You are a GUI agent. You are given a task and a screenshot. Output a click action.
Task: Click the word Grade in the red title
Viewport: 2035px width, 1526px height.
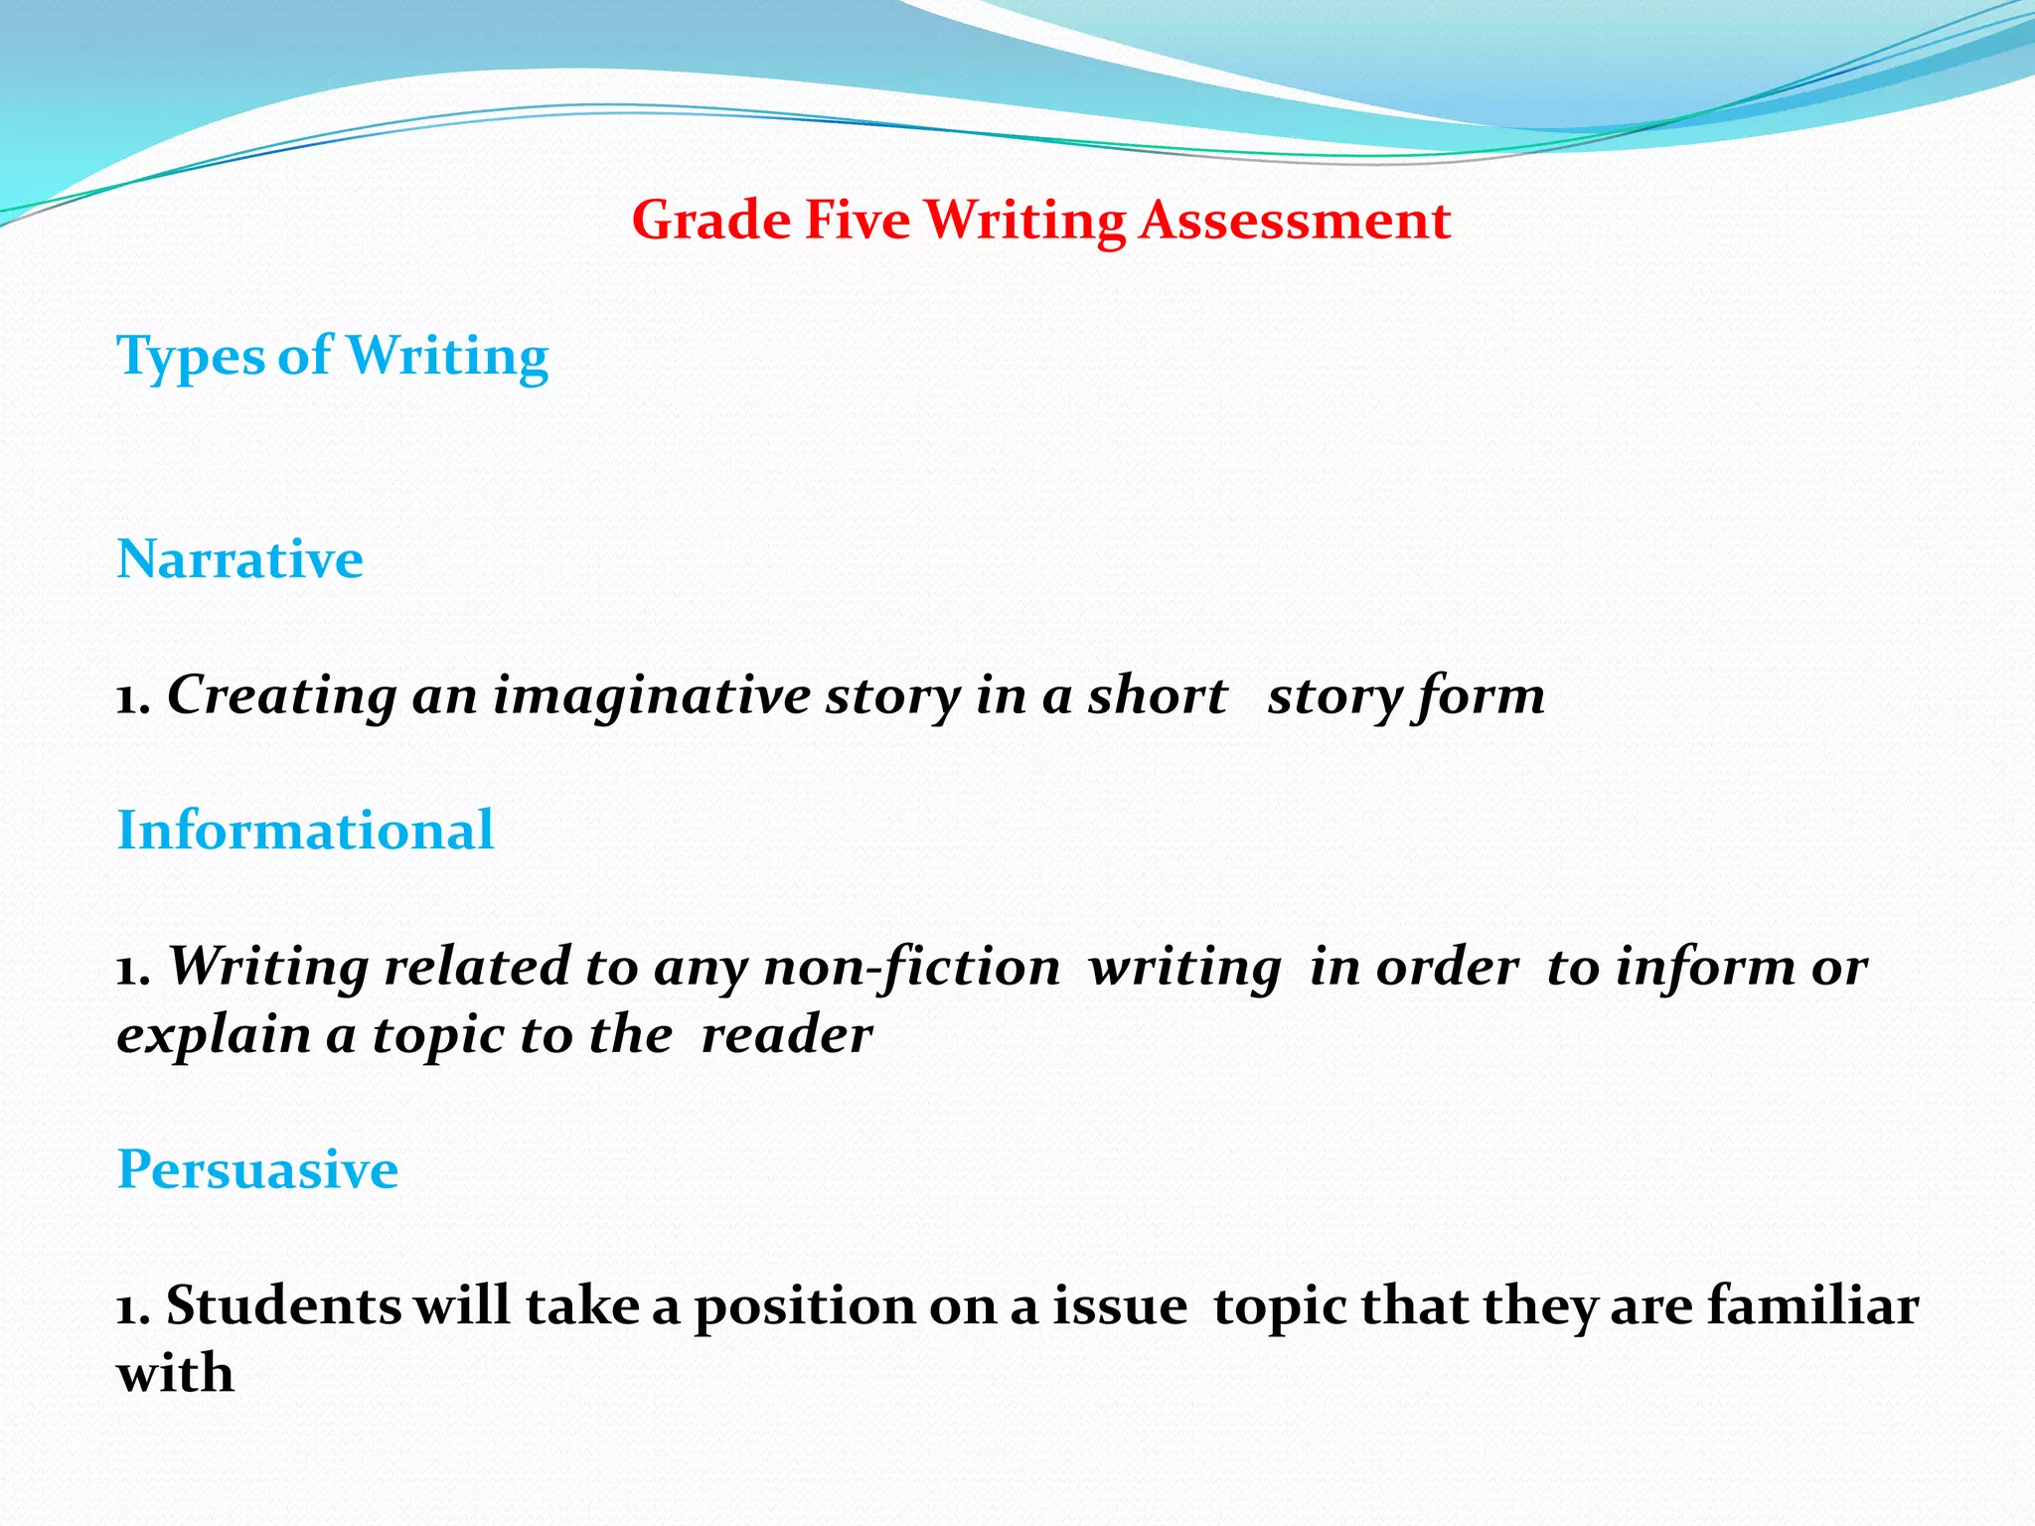pos(711,220)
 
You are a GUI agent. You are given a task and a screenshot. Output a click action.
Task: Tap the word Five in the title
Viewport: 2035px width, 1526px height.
pos(857,220)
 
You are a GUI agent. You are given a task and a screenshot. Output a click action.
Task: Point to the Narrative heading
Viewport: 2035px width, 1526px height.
pos(239,558)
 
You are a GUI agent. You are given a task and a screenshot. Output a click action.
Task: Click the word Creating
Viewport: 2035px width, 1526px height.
pos(282,695)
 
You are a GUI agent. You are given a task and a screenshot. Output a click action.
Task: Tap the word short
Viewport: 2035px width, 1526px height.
pos(1158,694)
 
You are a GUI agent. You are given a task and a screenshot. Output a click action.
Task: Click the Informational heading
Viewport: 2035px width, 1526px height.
pos(305,830)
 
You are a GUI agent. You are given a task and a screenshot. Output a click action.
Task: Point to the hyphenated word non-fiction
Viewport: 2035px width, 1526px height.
pos(911,967)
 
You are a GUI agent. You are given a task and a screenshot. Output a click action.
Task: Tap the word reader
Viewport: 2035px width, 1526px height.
pos(786,1035)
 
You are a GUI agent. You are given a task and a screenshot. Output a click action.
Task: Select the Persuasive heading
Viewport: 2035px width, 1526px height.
pos(257,1169)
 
